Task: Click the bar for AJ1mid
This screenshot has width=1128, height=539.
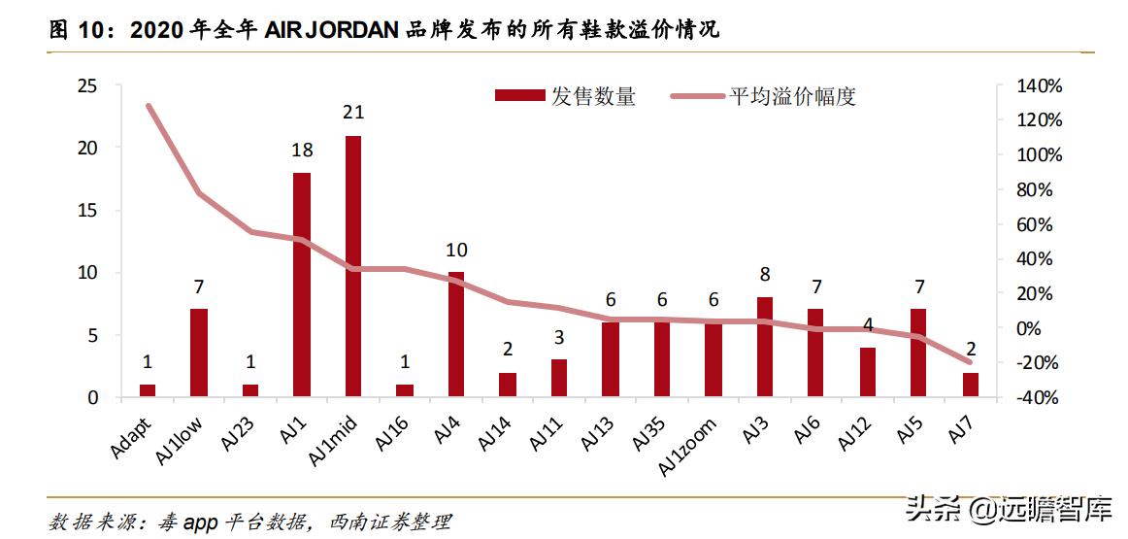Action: pos(353,266)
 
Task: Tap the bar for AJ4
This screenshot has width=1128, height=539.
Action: pos(456,334)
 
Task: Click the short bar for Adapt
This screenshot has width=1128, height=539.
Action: pos(148,390)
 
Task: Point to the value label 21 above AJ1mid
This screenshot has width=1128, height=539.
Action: pos(353,113)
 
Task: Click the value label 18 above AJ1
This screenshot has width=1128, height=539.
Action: pos(302,151)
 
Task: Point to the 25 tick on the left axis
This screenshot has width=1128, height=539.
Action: pos(87,86)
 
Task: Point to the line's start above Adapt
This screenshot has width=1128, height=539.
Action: pos(148,105)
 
